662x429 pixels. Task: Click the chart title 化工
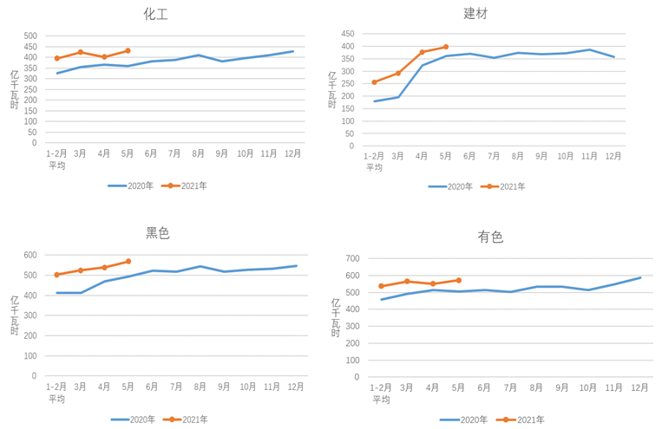point(156,14)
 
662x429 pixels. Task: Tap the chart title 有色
point(490,237)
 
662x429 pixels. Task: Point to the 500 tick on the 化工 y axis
point(30,36)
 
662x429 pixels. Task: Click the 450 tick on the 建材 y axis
point(347,33)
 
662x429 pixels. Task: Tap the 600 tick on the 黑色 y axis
point(30,256)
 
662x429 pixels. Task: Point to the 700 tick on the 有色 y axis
point(351,259)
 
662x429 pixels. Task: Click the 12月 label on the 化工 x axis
point(293,154)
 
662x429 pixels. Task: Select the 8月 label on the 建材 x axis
point(518,157)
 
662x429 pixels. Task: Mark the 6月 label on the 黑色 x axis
point(152,387)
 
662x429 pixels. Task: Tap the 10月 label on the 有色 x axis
point(588,387)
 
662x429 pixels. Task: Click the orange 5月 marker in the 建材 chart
point(446,47)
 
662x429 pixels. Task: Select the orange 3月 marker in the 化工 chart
point(81,52)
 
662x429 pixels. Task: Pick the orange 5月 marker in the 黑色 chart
point(128,261)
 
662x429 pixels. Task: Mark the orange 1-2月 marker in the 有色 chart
point(382,286)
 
